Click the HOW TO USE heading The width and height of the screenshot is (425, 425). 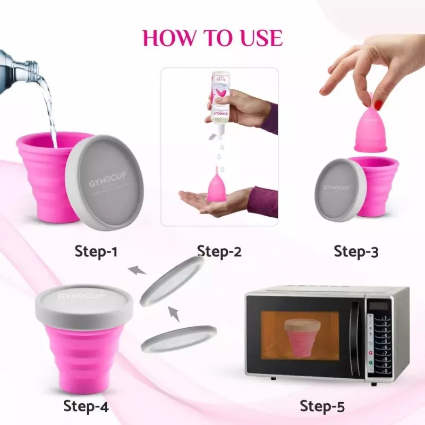(212, 38)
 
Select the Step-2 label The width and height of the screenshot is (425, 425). (219, 251)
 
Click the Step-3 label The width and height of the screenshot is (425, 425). (356, 251)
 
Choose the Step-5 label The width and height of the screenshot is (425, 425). (322, 406)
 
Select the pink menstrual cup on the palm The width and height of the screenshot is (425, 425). (216, 184)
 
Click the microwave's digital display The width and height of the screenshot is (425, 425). (378, 306)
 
